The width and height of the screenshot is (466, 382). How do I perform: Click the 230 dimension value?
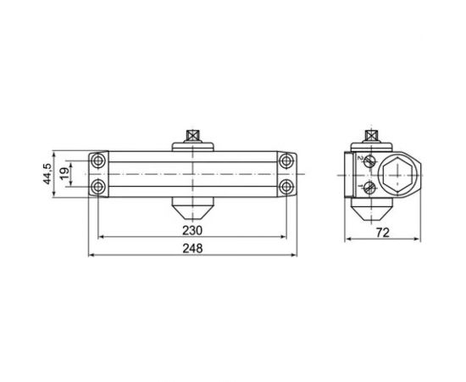coord(192,230)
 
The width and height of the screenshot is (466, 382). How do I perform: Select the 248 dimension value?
coord(192,249)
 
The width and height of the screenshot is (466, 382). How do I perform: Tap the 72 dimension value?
coord(382,233)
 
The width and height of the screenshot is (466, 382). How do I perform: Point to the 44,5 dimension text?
coord(47,174)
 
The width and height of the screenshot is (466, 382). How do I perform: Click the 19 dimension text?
coord(64,174)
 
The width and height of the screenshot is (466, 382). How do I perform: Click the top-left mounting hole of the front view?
coord(97,161)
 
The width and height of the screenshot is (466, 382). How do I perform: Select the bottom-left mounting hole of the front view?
coord(97,188)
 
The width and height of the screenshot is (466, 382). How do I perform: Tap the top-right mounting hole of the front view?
coord(286,161)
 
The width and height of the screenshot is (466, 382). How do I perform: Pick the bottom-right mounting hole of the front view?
coord(286,188)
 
